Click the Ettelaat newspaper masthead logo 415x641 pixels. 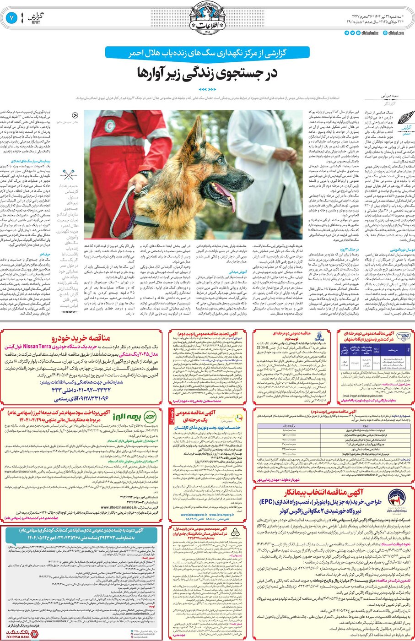click(x=207, y=18)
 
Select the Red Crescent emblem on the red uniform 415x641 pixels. click(x=109, y=125)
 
